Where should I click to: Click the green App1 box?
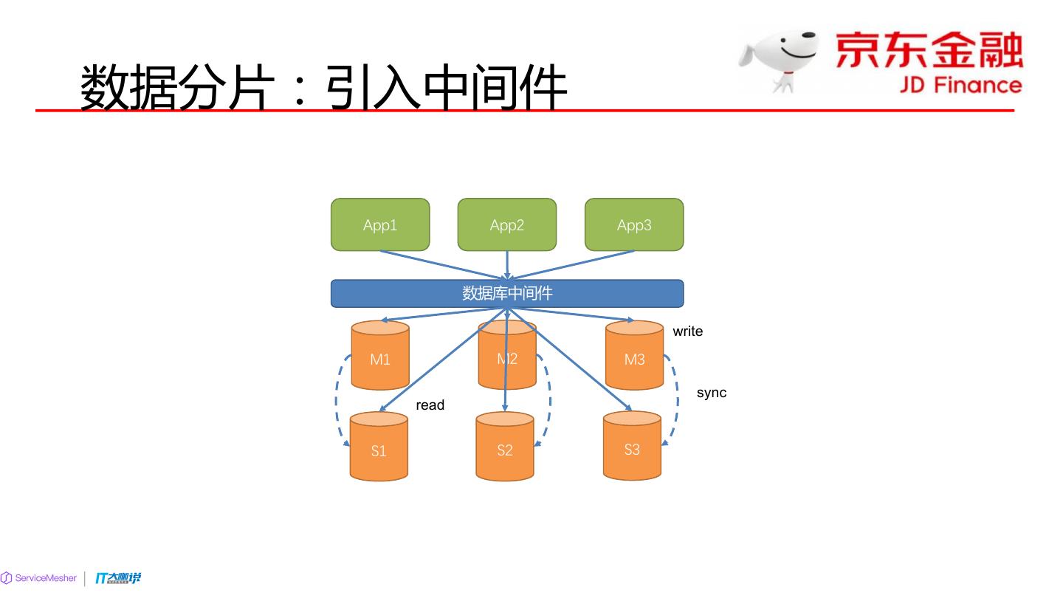pos(380,224)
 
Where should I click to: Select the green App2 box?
pos(507,224)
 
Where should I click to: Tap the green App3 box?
pos(634,224)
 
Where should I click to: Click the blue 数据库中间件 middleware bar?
pos(507,293)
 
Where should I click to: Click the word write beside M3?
pos(687,331)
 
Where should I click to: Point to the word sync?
pos(712,393)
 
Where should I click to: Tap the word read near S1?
pos(430,405)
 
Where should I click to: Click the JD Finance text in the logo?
pos(960,85)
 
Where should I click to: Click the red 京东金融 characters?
pos(929,50)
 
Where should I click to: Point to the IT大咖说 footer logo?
pos(118,578)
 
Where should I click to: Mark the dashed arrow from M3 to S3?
pos(676,402)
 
